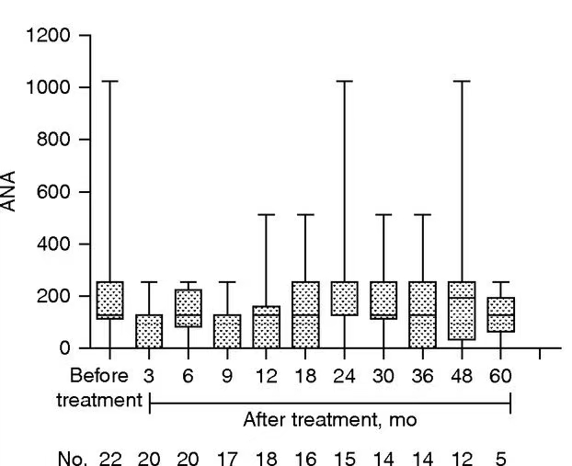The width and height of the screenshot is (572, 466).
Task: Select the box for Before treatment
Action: coord(109,300)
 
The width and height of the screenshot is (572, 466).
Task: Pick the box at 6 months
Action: coord(188,308)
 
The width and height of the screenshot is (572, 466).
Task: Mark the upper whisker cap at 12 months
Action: coord(266,214)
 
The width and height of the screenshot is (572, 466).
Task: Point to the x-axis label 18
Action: coord(304,376)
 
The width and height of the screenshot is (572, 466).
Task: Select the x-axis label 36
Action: coord(422,376)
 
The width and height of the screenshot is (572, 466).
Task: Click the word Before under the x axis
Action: coord(99,376)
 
